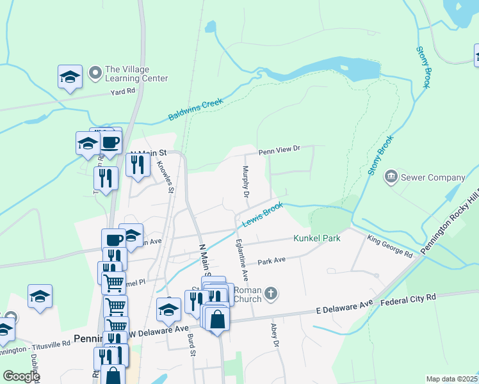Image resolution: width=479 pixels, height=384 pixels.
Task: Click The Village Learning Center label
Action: pyautogui.click(x=136, y=74)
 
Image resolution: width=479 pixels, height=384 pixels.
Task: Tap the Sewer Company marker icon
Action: pyautogui.click(x=391, y=176)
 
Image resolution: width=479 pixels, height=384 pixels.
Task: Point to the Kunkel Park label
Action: pyautogui.click(x=316, y=239)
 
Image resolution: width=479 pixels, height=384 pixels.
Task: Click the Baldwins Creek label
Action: pyautogui.click(x=195, y=109)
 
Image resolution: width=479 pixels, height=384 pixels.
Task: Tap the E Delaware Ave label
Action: pyautogui.click(x=343, y=308)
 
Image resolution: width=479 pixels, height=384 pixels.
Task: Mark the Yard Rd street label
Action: pyautogui.click(x=123, y=92)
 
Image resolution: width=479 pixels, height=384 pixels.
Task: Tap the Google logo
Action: pyautogui.click(x=20, y=376)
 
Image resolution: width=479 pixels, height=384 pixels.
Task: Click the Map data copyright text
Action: pyautogui.click(x=451, y=379)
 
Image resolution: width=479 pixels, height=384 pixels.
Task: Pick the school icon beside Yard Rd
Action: pyautogui.click(x=70, y=77)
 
